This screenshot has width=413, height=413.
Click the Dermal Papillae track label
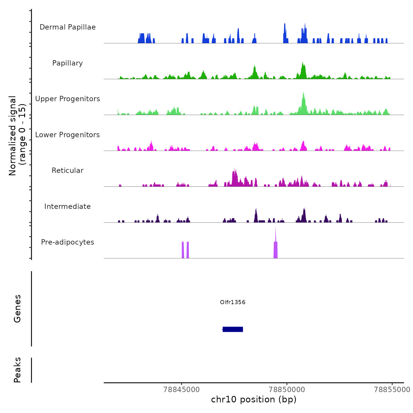click(x=68, y=27)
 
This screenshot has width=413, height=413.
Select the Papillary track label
click(x=68, y=63)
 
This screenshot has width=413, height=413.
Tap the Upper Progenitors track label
click(x=68, y=99)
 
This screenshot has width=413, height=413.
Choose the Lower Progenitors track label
click(x=68, y=135)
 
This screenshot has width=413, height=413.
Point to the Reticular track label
click(x=68, y=171)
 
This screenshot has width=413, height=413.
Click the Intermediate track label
click(x=68, y=206)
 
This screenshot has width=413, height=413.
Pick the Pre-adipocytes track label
click(x=68, y=242)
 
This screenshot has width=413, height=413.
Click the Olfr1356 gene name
click(x=233, y=302)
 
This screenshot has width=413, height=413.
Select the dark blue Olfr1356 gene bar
click(x=233, y=329)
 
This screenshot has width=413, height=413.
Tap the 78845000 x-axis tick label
click(x=182, y=389)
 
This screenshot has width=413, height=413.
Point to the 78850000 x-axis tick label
click(x=287, y=389)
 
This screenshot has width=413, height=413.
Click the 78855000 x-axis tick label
click(x=392, y=389)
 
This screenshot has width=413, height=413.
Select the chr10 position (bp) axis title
click(x=254, y=399)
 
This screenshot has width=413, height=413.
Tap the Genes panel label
click(x=17, y=309)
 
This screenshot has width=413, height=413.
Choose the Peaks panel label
click(x=17, y=370)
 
